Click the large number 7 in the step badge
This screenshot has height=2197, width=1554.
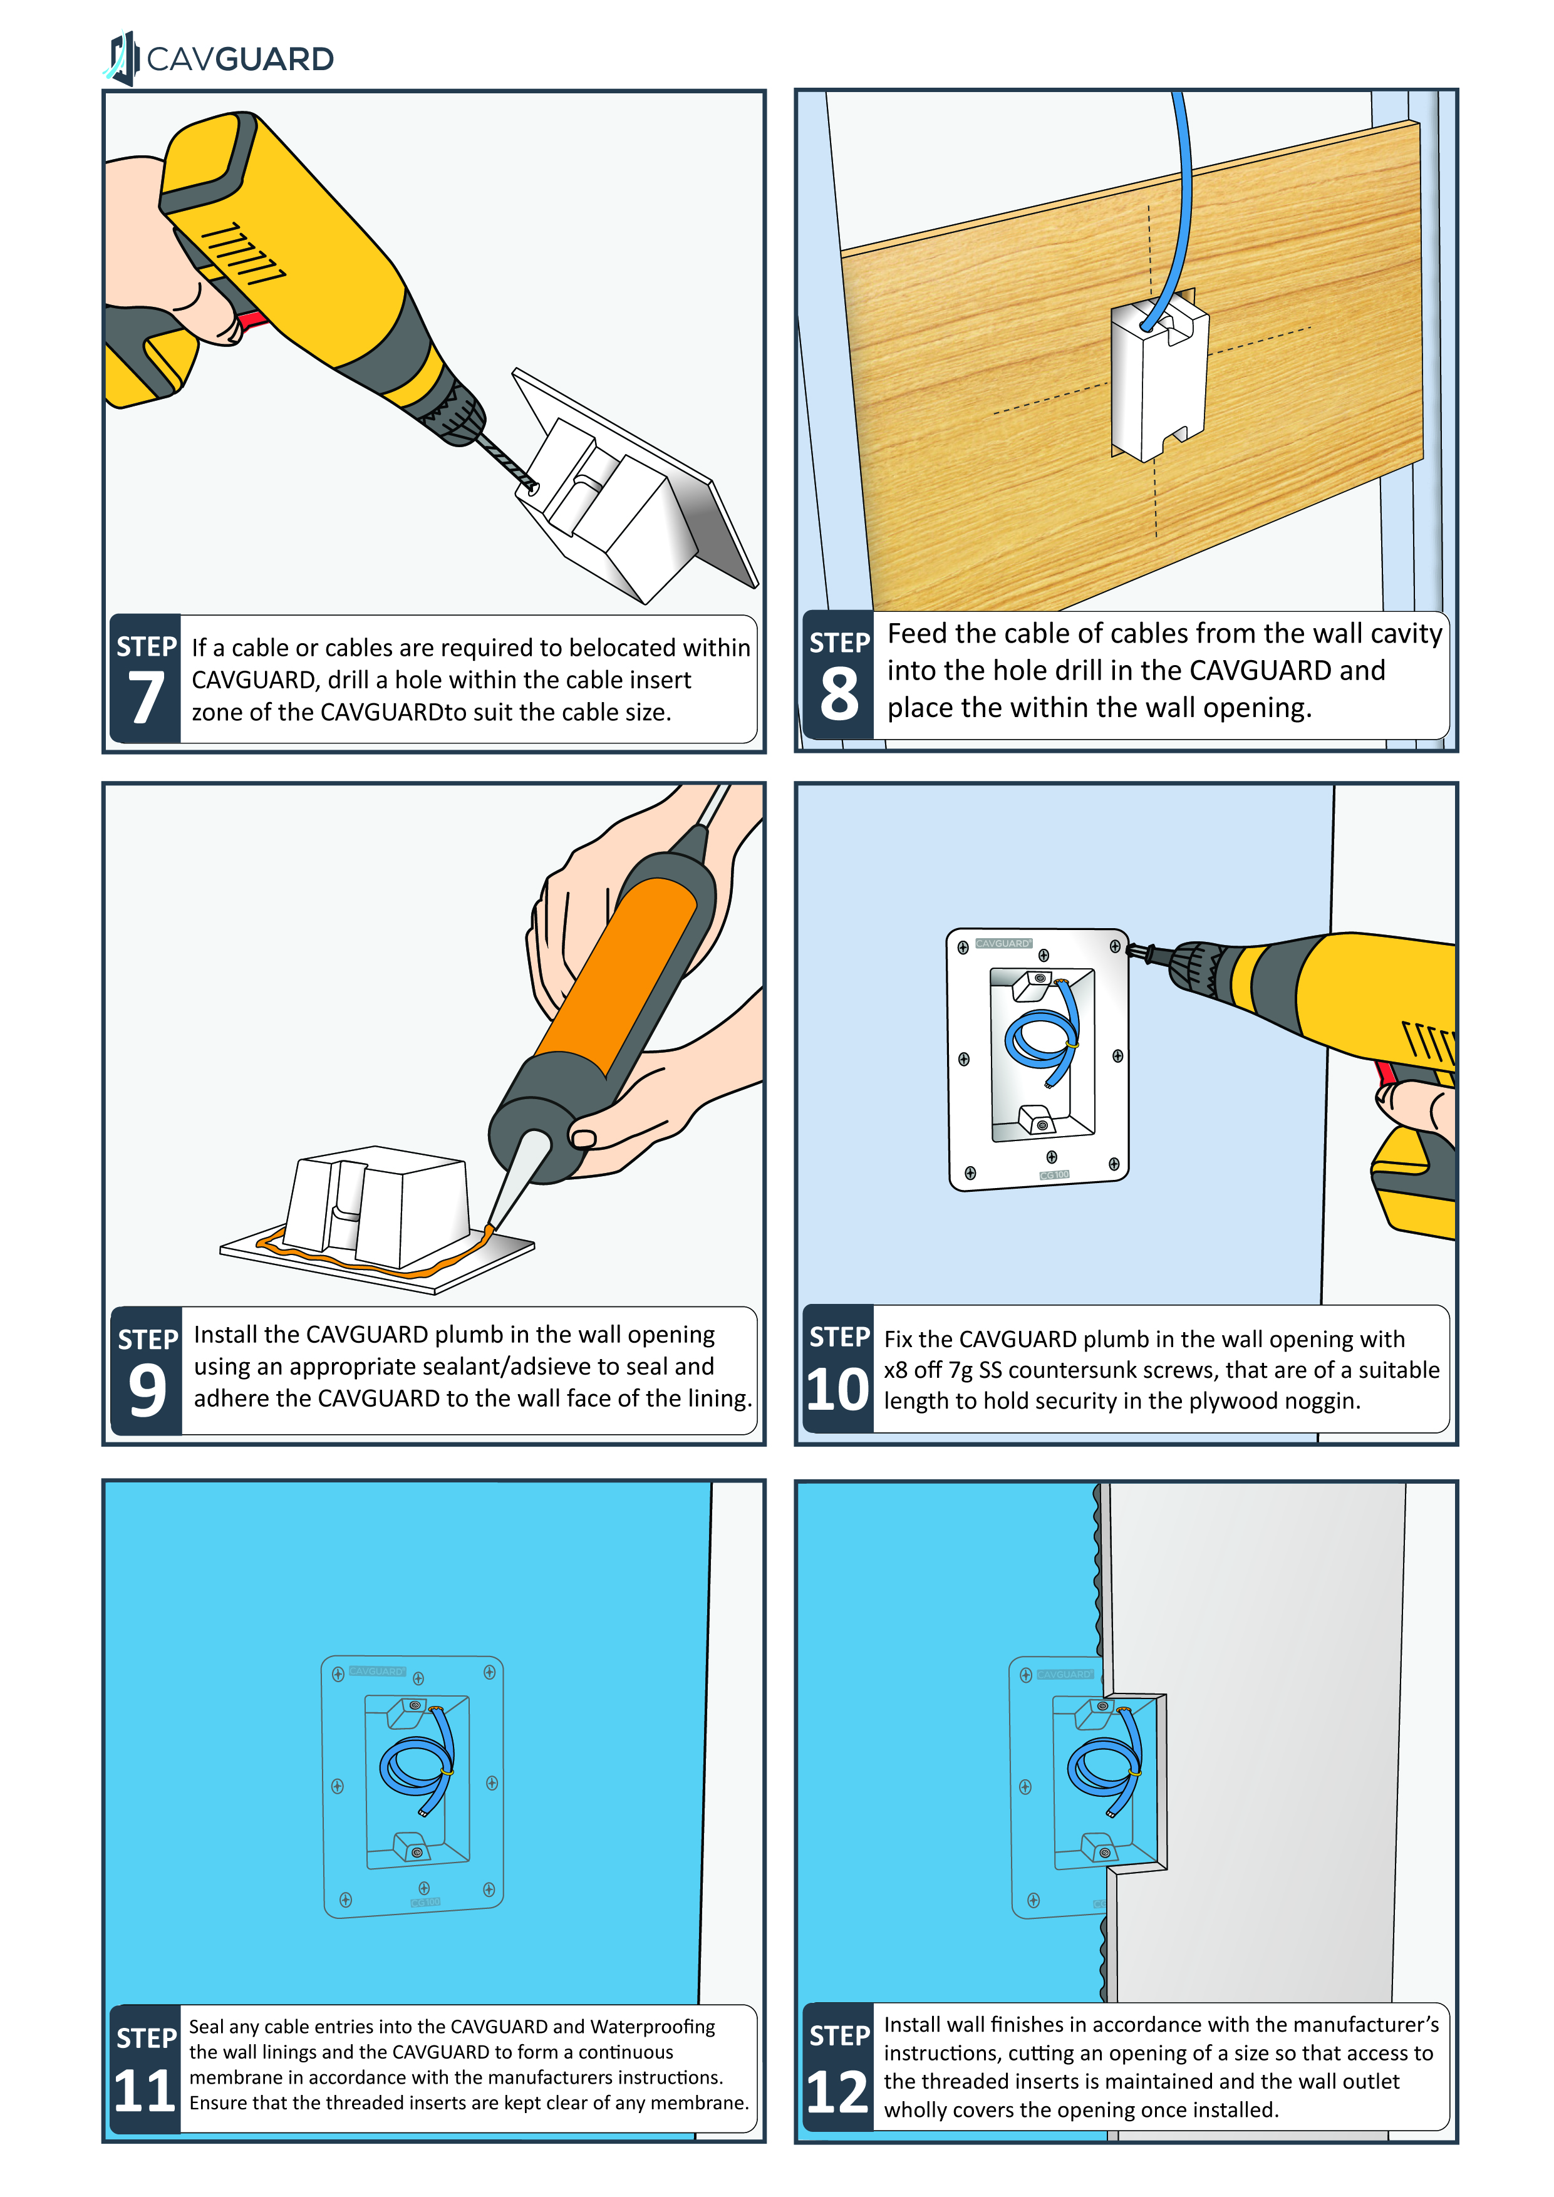pyautogui.click(x=145, y=698)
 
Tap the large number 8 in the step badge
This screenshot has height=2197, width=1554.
pyautogui.click(x=838, y=695)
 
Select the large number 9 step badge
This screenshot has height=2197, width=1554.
pyautogui.click(x=147, y=1389)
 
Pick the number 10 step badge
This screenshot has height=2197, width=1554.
pyautogui.click(x=837, y=1388)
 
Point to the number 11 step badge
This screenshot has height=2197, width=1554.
pyautogui.click(x=145, y=2090)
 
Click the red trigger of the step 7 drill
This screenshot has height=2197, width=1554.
pyautogui.click(x=254, y=319)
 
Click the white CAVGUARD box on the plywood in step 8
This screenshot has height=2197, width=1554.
pyautogui.click(x=1159, y=378)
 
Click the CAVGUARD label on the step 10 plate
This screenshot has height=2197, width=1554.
pyautogui.click(x=1002, y=943)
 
